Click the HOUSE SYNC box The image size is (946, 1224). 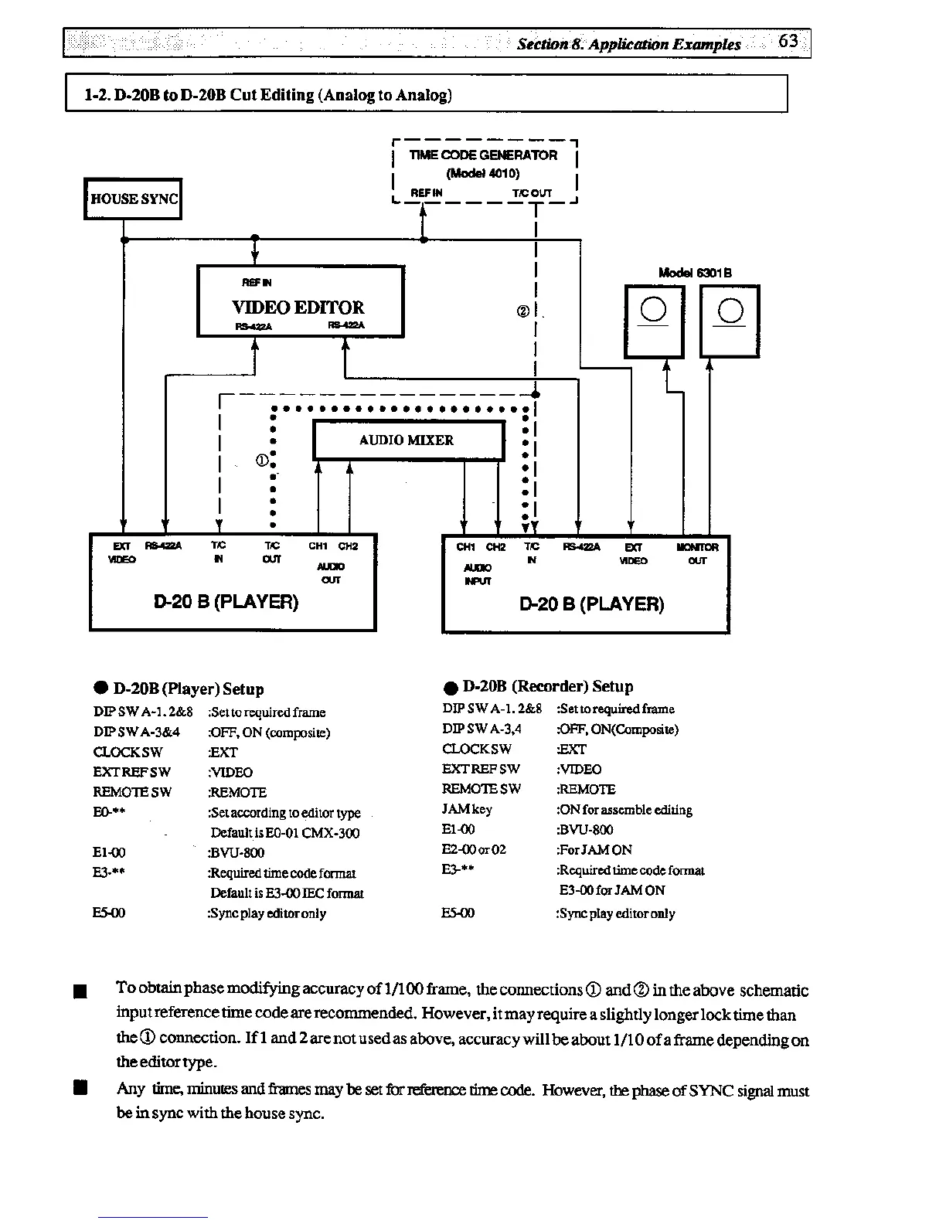tap(133, 199)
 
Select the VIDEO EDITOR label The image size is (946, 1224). tap(298, 307)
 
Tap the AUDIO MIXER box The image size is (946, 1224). tap(407, 440)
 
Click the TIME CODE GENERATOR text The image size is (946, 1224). tap(483, 155)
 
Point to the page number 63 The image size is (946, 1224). tap(788, 41)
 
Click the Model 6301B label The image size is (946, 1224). tap(695, 272)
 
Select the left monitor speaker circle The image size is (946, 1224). tap(653, 310)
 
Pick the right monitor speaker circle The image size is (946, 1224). tap(730, 311)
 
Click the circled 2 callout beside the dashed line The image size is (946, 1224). tap(522, 311)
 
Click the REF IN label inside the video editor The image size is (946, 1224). tap(257, 283)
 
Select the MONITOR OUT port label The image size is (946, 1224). tap(697, 553)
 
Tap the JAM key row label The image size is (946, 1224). tap(467, 809)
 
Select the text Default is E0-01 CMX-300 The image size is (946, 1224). tap(284, 833)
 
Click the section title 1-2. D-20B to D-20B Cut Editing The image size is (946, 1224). tap(268, 95)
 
